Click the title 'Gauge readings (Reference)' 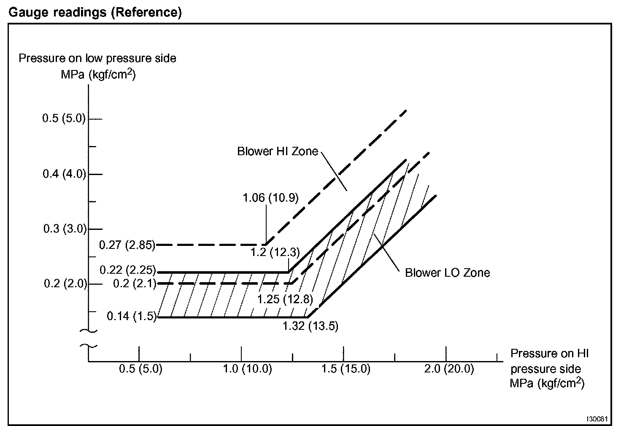pos(95,12)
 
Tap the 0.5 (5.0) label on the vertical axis pos(64,119)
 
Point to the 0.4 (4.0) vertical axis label pos(64,174)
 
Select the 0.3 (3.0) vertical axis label pos(65,229)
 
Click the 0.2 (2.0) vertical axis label pos(65,283)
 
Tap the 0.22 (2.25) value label pos(127,270)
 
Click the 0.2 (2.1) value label pos(135,283)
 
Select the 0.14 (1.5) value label pos(132,316)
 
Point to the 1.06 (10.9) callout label pos(270,197)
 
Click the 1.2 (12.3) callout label pos(275,253)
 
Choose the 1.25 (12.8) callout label pos(285,299)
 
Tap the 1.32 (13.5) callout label pos(310,326)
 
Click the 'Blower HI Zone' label pos(278,151)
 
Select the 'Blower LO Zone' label pos(447,273)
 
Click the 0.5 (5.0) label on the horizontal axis pos(140,369)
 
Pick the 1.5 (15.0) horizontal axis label pos(346,369)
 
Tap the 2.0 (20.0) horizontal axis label pos(449,369)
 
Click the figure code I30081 pos(597,419)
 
